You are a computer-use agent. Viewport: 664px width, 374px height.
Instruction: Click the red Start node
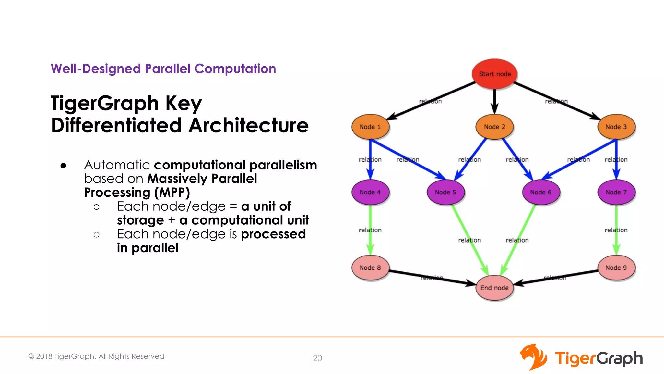pos(494,74)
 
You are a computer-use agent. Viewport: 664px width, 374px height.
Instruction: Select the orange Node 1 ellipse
pos(370,127)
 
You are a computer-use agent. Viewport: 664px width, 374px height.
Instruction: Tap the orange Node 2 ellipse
pos(494,127)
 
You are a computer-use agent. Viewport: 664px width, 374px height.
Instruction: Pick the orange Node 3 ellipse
pos(616,127)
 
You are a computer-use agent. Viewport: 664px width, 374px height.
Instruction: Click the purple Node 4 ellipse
pos(370,192)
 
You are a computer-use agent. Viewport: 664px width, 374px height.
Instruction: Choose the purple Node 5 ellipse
pos(445,192)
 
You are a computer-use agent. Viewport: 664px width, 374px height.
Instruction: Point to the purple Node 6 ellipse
pos(540,192)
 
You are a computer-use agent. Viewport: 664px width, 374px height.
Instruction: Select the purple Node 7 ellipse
pos(616,192)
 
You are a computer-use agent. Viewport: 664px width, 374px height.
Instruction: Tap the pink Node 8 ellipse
pos(370,268)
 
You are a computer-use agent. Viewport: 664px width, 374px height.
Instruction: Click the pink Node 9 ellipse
pos(616,268)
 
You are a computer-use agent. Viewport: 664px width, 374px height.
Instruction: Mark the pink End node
pos(494,288)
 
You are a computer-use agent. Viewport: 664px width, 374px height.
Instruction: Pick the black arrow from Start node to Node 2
pos(494,101)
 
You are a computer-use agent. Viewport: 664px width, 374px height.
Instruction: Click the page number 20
pos(317,358)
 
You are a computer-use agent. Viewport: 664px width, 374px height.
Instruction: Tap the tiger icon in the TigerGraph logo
pos(533,357)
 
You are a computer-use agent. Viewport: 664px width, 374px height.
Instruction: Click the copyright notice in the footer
pos(96,356)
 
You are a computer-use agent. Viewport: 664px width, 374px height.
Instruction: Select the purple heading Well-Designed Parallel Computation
pos(163,69)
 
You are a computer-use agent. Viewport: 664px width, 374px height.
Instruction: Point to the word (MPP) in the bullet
pos(172,193)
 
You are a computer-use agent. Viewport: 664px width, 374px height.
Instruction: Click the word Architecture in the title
pos(249,126)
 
